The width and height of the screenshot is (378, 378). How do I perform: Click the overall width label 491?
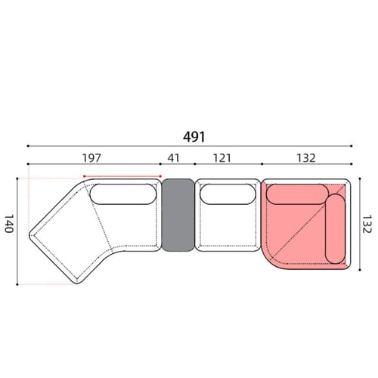click(x=194, y=137)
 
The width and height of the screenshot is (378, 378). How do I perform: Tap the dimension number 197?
click(x=91, y=158)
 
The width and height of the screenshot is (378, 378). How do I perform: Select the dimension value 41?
click(x=174, y=158)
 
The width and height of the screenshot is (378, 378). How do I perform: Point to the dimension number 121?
click(x=222, y=158)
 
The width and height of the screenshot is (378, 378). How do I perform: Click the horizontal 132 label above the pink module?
click(x=306, y=158)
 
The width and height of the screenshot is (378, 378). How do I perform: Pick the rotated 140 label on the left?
click(x=9, y=224)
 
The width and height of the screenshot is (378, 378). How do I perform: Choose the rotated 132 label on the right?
click(x=367, y=224)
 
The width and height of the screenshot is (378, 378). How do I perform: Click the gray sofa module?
click(x=178, y=215)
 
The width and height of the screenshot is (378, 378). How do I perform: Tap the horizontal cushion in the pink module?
click(x=297, y=194)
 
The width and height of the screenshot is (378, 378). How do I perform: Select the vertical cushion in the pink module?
click(x=335, y=228)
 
